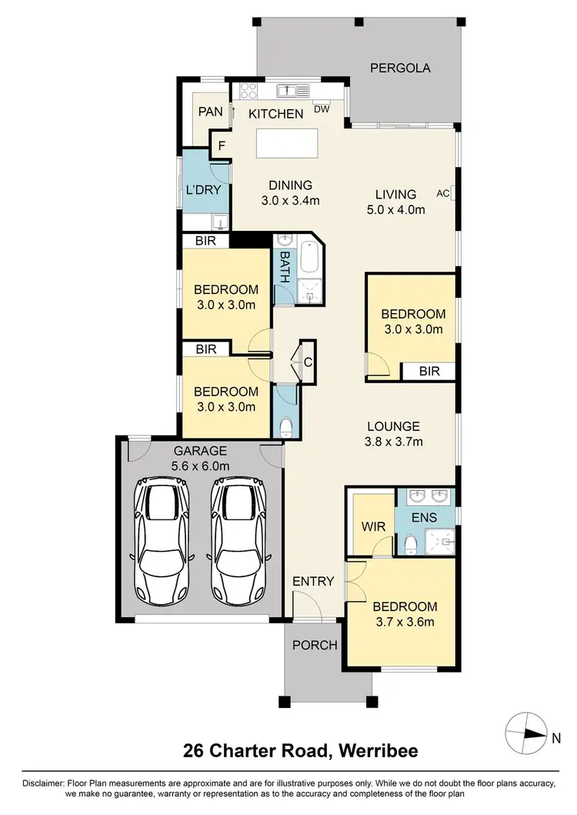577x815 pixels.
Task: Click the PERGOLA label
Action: [400, 68]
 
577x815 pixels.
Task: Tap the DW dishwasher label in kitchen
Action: [322, 109]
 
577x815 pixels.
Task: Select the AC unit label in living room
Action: [442, 192]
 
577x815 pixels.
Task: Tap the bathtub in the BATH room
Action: [309, 259]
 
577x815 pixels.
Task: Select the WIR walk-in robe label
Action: [373, 528]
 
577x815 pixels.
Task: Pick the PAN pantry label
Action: [210, 112]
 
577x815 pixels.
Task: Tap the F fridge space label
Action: [222, 145]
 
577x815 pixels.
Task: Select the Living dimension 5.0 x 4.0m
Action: [395, 209]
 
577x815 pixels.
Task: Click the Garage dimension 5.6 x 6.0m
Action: [200, 466]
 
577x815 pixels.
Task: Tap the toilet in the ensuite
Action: [410, 545]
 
